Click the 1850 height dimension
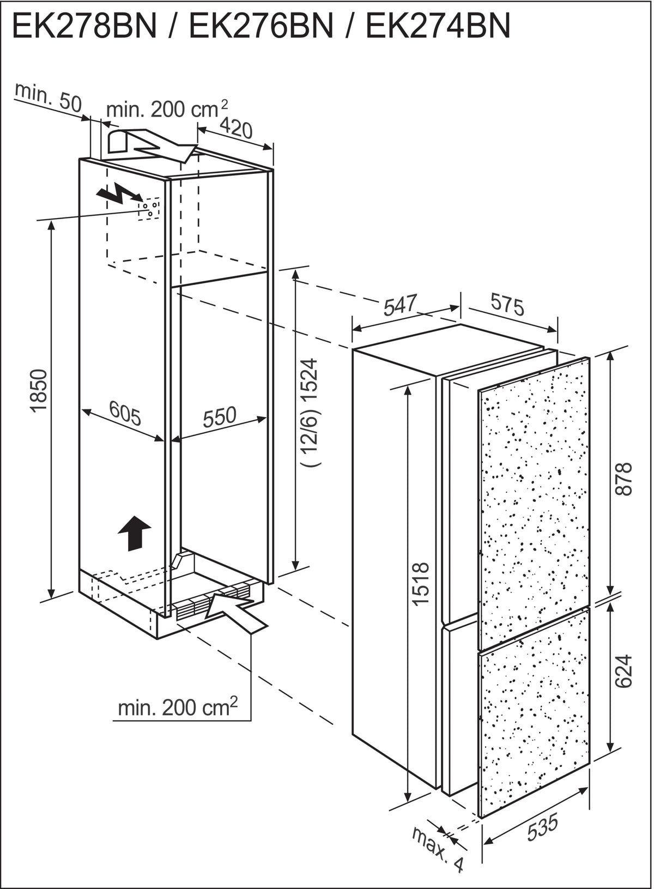pyautogui.click(x=39, y=391)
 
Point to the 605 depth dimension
pyautogui.click(x=125, y=413)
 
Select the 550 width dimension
pyautogui.click(x=220, y=417)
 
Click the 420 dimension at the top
pyautogui.click(x=236, y=128)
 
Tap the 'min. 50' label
pyautogui.click(x=48, y=98)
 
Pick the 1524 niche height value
pyautogui.click(x=309, y=381)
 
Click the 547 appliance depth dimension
pyautogui.click(x=401, y=304)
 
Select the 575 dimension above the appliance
pyautogui.click(x=507, y=304)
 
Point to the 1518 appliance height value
pyautogui.click(x=421, y=583)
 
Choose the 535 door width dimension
pyautogui.click(x=542, y=827)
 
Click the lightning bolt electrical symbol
pyautogui.click(x=119, y=193)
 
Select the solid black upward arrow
pyautogui.click(x=135, y=534)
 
